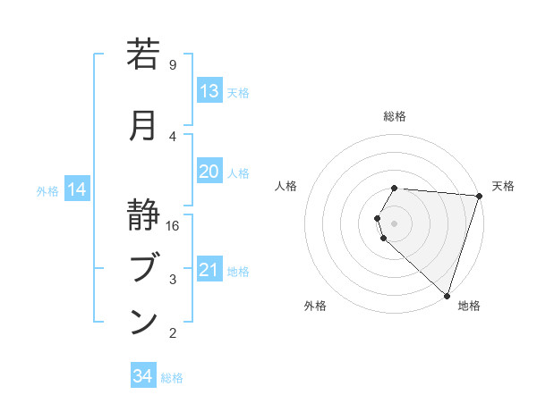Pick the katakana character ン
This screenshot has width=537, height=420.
point(144,322)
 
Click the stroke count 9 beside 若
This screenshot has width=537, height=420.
point(172,64)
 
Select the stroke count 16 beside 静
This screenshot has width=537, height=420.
point(173,225)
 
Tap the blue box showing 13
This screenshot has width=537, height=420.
point(209,91)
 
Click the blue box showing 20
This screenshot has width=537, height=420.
point(209,172)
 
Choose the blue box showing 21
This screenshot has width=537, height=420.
point(209,270)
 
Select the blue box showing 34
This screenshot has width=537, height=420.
point(142,376)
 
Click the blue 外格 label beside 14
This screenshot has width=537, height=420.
point(47,190)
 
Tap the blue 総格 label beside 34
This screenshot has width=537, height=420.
point(172,378)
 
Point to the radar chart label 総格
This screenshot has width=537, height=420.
point(395,116)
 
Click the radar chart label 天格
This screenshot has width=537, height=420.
point(503,186)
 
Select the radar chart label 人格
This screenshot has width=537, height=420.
point(286,186)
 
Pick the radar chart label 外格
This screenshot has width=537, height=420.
point(315,306)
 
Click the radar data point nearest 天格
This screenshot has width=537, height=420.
point(479,196)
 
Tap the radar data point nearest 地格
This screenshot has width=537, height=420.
point(447,295)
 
